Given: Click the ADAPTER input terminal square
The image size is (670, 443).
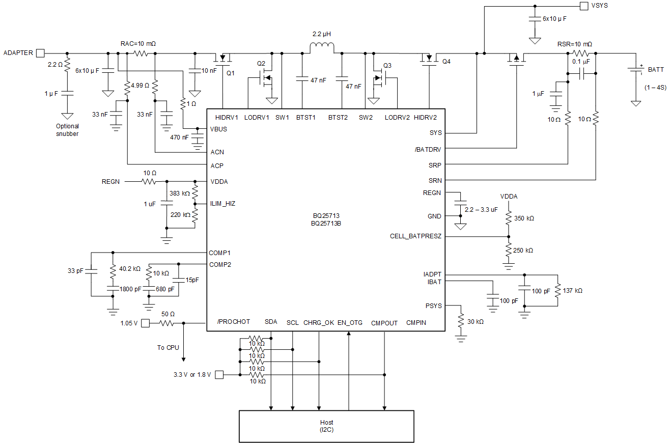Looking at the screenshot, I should (x=40, y=53).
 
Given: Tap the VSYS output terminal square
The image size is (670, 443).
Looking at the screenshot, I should (x=583, y=6).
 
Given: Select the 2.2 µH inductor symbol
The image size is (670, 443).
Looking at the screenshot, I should (x=322, y=48).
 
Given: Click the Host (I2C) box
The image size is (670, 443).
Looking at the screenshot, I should (x=326, y=426).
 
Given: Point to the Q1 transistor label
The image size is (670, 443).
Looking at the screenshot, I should (x=231, y=73).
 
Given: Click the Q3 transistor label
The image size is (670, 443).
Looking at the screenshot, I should (x=387, y=65).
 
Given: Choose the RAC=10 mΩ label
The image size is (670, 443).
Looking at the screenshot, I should (x=138, y=44).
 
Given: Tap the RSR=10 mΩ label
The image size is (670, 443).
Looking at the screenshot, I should (x=575, y=44).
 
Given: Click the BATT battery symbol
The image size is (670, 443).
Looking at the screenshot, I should (x=635, y=71).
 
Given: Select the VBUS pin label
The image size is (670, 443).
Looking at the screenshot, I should (x=218, y=129).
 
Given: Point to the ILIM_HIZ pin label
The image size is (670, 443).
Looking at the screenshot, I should (x=223, y=203).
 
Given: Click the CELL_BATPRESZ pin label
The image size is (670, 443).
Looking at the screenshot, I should (x=415, y=236).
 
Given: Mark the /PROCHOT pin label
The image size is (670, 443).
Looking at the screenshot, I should (x=233, y=322).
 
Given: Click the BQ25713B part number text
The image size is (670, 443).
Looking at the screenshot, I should (x=326, y=223).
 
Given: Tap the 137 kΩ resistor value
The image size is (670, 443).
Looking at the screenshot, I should (x=572, y=290).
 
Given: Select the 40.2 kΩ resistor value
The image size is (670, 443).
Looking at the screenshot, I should (x=129, y=268).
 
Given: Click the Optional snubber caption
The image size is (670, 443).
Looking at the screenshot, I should (x=67, y=130).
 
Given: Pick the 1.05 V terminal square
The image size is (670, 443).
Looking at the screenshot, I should (x=145, y=323).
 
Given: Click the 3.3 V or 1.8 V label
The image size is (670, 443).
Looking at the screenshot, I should (x=192, y=375).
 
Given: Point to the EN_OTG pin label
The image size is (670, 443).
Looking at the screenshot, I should (x=350, y=322).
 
